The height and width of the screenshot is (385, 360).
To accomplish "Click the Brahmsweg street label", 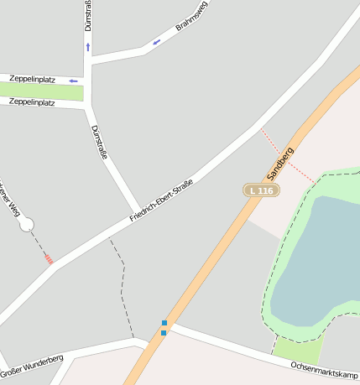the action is coord(191,18).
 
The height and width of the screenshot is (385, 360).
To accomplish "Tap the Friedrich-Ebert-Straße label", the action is coord(161,201).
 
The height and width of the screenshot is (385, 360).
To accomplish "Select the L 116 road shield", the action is coord(261,191).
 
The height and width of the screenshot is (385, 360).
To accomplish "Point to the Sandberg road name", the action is coord(280,164).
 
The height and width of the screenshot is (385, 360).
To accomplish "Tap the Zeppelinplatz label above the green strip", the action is coord(33,80).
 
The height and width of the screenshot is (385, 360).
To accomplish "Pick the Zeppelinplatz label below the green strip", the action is coord(32,102).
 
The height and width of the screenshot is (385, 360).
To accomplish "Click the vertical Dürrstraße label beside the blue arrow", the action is coord(88,16).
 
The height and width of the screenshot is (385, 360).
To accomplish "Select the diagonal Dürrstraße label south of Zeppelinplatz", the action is coord(98,142).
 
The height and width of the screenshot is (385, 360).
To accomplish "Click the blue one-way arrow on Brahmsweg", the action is coord(156,42).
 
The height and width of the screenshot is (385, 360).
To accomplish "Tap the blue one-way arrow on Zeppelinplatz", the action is coord(73,81).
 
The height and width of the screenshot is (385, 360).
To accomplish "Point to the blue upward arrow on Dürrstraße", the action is coord(87,47).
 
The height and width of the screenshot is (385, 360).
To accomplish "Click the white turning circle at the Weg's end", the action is coord(26,224).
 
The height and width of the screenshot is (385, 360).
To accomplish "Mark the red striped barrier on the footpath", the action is coord(49,260).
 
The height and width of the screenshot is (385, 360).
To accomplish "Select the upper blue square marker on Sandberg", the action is coord(164,323).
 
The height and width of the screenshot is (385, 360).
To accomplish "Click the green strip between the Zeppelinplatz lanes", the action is coord(42,91).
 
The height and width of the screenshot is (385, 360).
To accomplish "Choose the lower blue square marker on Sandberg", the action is coord(163,333).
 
